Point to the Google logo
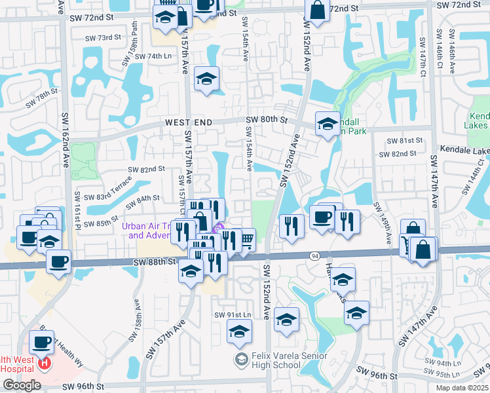tap(22, 385)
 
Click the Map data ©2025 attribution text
tap(461, 388)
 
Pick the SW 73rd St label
tap(109, 37)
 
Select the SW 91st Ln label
tap(233, 315)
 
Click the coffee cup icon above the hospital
tap(42, 342)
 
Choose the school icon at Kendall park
tap(327, 124)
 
